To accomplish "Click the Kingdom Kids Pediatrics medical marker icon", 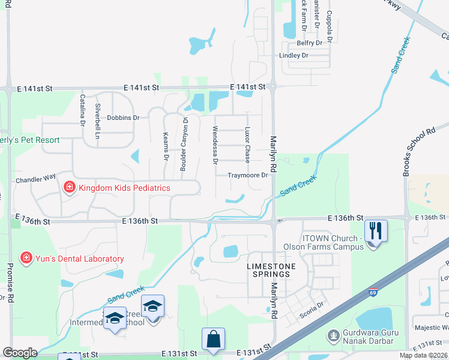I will [69, 188].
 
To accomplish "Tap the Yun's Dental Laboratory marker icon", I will [26, 259].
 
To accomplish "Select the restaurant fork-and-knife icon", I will [376, 230].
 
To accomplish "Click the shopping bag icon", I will [213, 339].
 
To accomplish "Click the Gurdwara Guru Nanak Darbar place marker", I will [333, 334].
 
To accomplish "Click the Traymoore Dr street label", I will [247, 175].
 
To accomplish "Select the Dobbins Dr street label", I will [123, 118].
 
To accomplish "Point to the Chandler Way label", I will [36, 178].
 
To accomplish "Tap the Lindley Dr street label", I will [294, 55].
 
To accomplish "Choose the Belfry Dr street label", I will [310, 43].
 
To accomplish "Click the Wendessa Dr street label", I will [214, 145].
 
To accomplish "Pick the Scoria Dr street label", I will [312, 304].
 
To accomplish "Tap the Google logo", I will [20, 353].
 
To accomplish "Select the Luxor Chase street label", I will [247, 145].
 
